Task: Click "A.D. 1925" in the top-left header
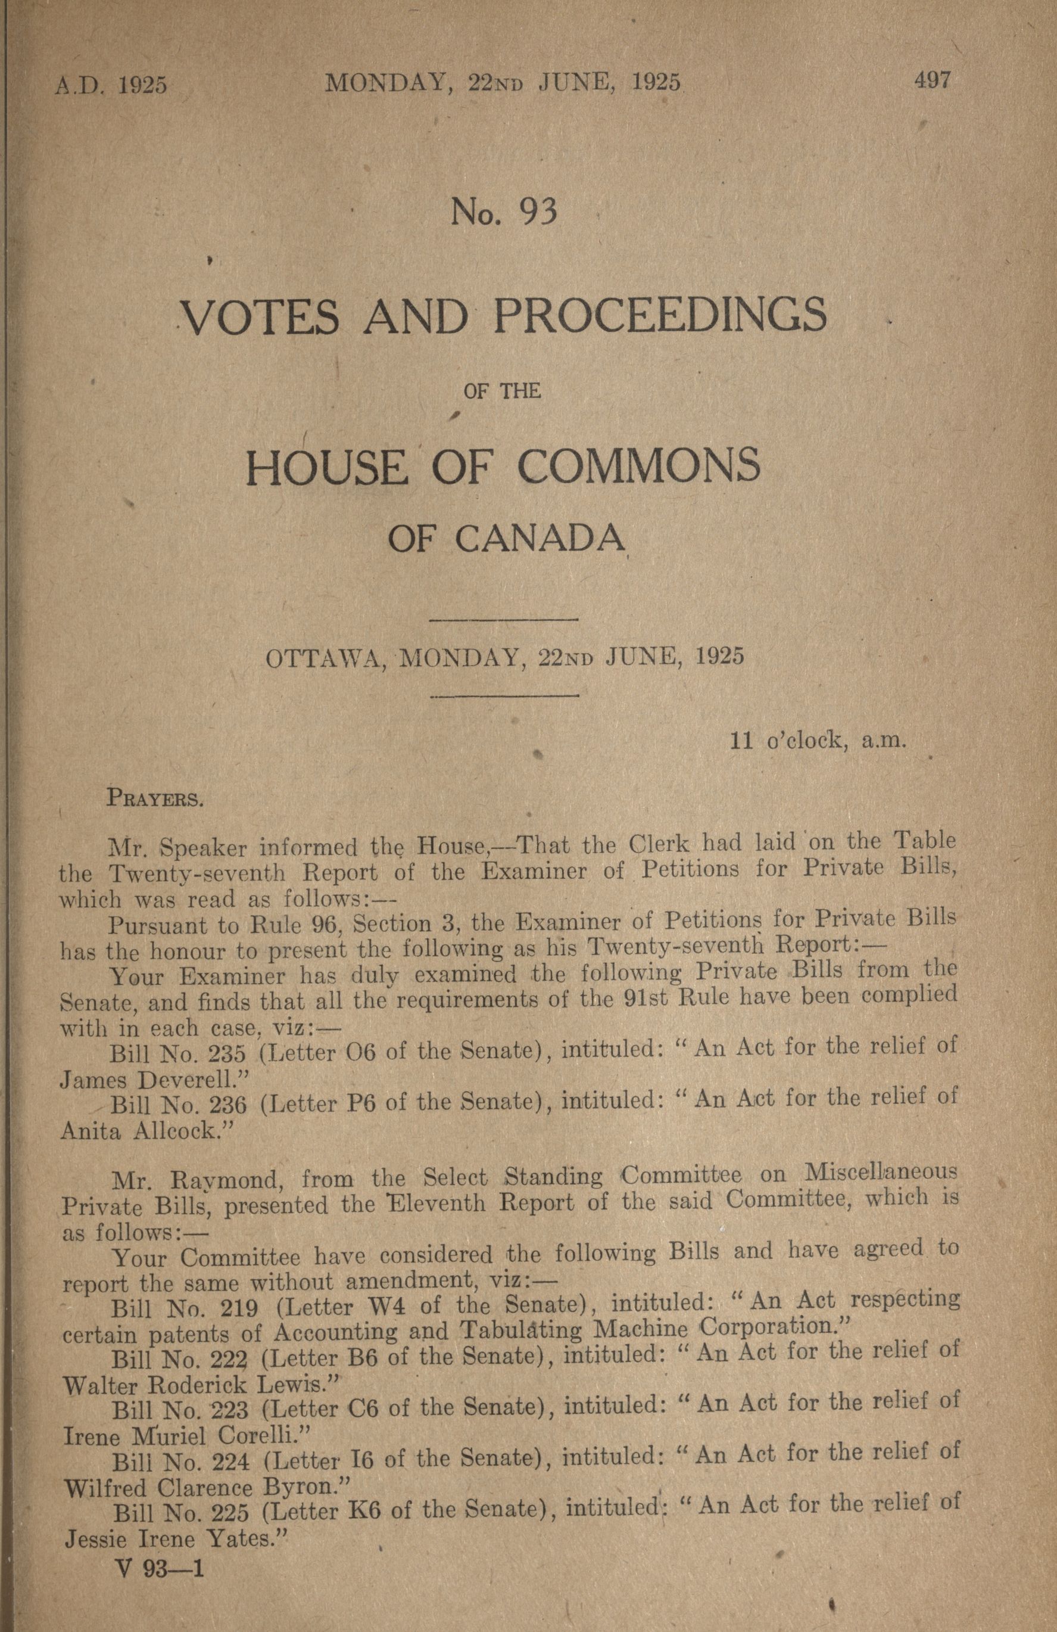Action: pyautogui.click(x=111, y=85)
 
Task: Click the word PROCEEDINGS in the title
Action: pyautogui.click(x=659, y=315)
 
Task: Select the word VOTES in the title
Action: pyautogui.click(x=263, y=317)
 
